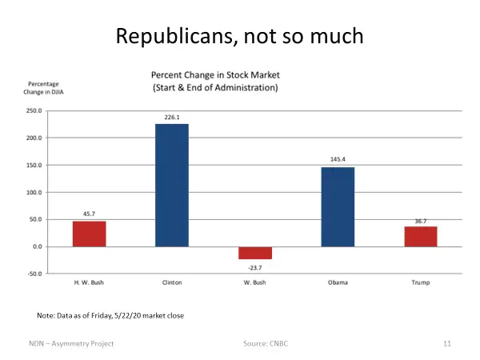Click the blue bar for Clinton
[x=172, y=185]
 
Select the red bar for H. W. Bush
[x=89, y=234]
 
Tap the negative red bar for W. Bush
[x=254, y=253]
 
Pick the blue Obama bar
[x=338, y=206]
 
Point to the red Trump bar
[x=420, y=237]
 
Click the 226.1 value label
[x=172, y=117]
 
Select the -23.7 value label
[x=254, y=267]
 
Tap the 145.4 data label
[x=338, y=161]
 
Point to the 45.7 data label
[x=89, y=214]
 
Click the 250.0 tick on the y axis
[x=34, y=111]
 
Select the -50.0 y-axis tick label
[x=34, y=274]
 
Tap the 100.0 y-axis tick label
[x=34, y=193]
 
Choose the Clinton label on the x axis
[x=172, y=282]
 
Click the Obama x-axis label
[x=338, y=282]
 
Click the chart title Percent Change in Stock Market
[x=215, y=74]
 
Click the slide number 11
[x=447, y=343]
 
